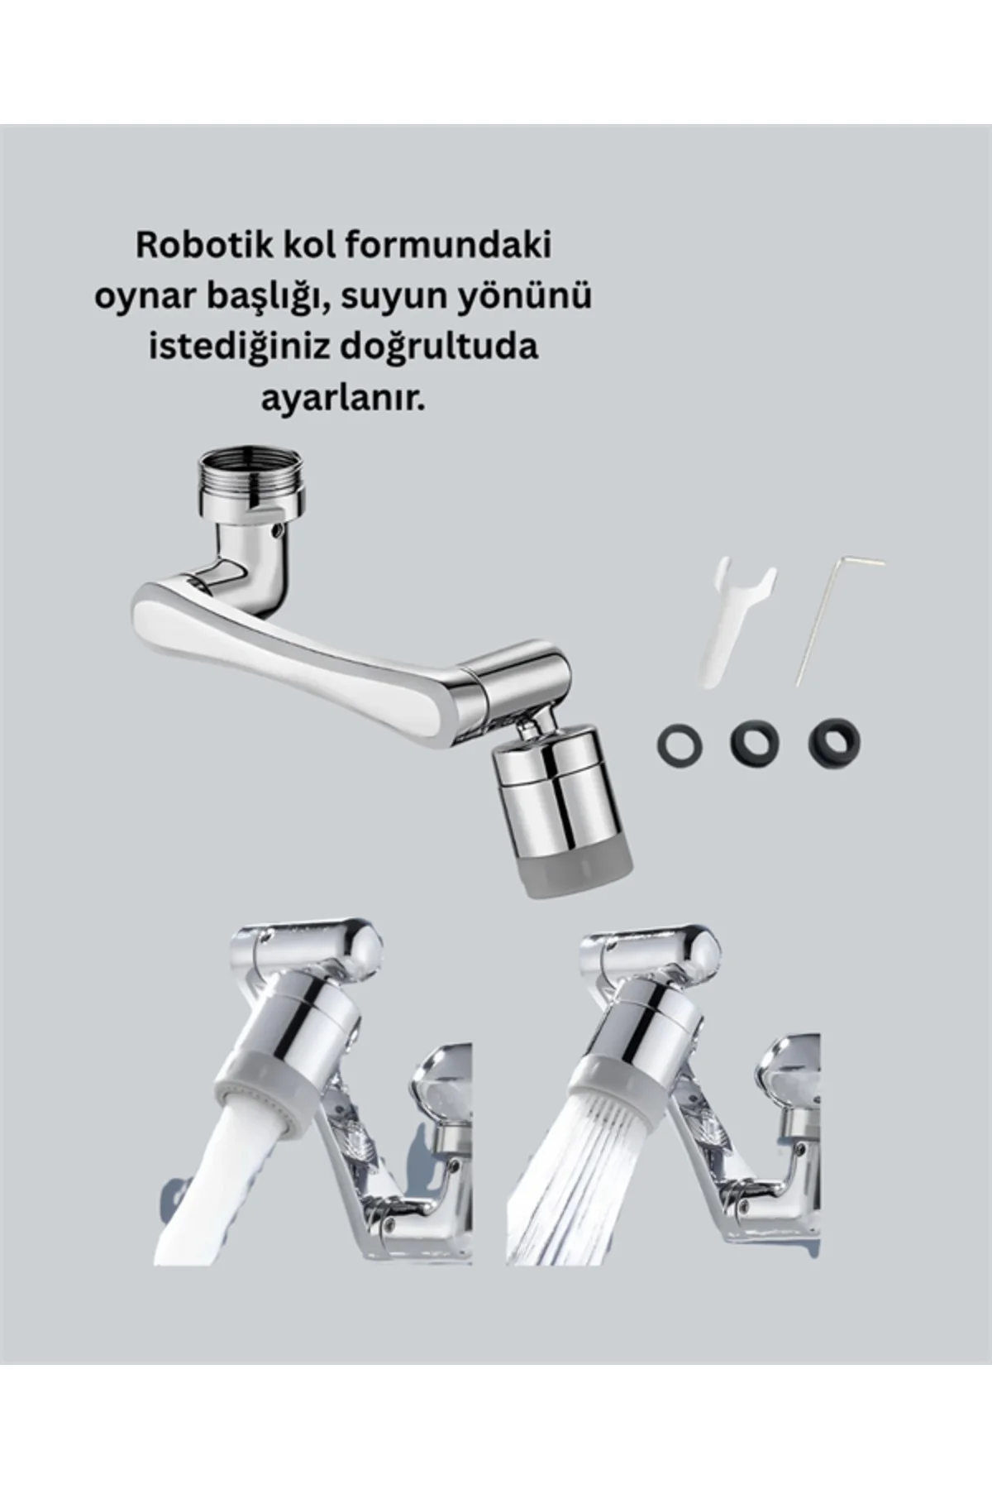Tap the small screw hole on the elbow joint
click(279, 527)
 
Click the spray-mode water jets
click(579, 1191)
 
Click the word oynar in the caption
click(137, 297)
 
